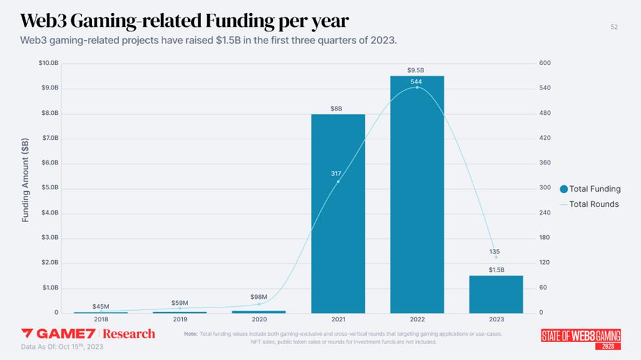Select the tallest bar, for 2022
417,197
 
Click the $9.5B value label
415,70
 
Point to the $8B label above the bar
337,108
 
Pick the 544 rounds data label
416,81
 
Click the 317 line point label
336,173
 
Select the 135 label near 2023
496,252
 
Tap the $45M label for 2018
101,306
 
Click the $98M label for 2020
259,297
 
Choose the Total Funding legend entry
590,189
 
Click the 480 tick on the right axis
545,113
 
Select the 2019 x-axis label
179,319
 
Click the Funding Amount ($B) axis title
26,180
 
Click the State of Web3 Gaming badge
581,337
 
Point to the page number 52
614,27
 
